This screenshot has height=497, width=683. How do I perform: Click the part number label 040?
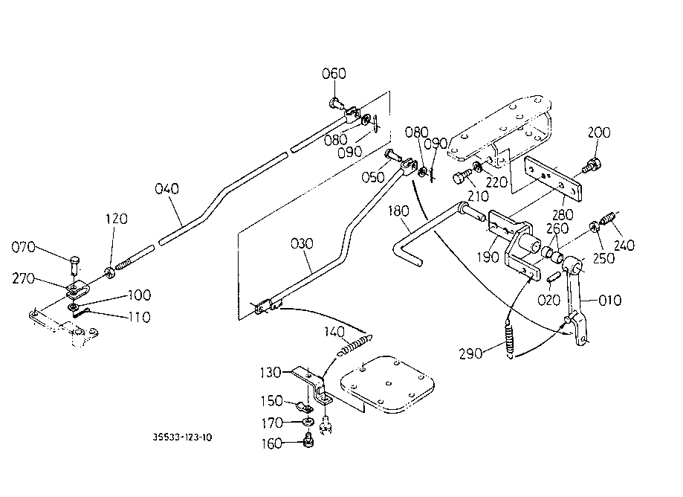(x=166, y=189)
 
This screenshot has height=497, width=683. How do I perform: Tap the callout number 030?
(x=302, y=243)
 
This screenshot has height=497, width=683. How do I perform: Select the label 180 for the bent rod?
(x=398, y=211)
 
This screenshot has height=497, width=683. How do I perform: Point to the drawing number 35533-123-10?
(x=182, y=437)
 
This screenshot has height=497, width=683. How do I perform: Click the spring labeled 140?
(x=355, y=344)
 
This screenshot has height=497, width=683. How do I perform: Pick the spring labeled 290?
(x=510, y=339)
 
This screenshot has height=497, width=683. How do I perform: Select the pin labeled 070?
(x=75, y=264)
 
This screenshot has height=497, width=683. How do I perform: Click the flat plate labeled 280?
(x=553, y=179)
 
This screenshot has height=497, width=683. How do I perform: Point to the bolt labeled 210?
(x=461, y=177)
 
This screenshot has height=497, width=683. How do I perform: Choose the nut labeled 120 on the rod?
(x=109, y=273)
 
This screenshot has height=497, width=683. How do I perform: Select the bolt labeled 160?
(x=308, y=440)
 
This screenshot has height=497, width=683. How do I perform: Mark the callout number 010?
(x=610, y=301)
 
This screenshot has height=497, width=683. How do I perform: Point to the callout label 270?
(x=24, y=278)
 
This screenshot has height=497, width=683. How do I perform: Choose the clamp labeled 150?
(x=304, y=408)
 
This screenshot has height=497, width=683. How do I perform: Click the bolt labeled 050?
(x=392, y=155)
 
